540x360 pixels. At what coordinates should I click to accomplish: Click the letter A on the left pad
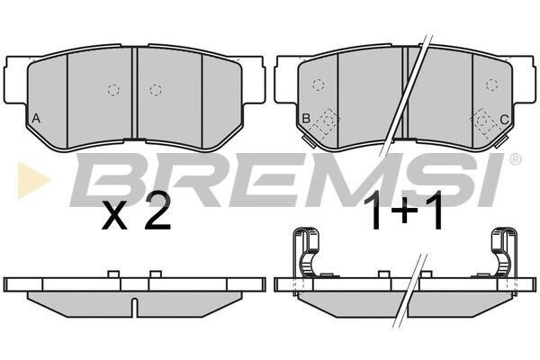pyautogui.click(x=36, y=119)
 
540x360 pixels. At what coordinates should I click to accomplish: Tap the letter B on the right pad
pyautogui.click(x=306, y=119)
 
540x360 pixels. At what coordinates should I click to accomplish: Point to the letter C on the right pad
pyautogui.click(x=504, y=120)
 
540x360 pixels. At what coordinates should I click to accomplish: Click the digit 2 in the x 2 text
pyautogui.click(x=157, y=211)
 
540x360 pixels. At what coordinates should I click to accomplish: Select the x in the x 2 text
pyautogui.click(x=114, y=216)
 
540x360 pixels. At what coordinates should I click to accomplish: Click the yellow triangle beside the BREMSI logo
pyautogui.click(x=33, y=180)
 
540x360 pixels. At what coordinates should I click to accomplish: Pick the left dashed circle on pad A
pyautogui.click(x=113, y=90)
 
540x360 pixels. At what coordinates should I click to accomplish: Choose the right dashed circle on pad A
pyautogui.click(x=156, y=90)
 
